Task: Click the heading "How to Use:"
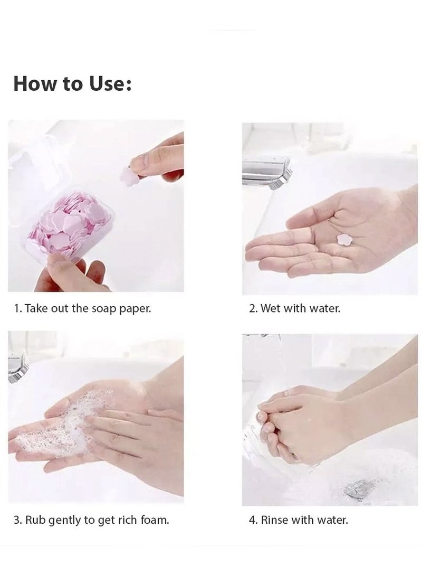[72, 83]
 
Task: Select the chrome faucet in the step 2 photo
[266, 172]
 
